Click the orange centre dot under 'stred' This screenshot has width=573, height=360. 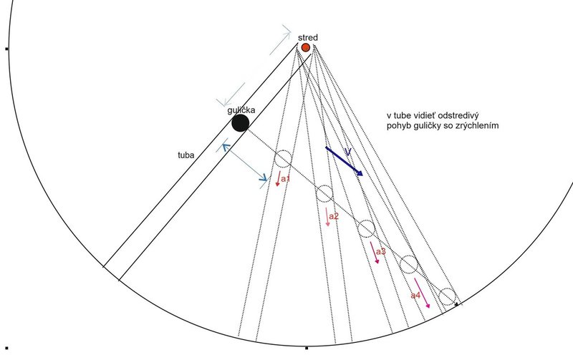[x=306, y=47]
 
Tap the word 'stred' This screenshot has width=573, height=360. [x=308, y=38]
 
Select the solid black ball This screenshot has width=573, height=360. [x=241, y=123]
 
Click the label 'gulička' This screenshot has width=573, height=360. [x=241, y=110]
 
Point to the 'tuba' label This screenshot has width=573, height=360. [x=186, y=155]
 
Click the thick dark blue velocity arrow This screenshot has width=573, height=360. [x=344, y=161]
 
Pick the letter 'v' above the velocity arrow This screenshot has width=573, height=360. [x=348, y=151]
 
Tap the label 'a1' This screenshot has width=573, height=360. [x=285, y=178]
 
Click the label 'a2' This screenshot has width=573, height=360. [x=334, y=216]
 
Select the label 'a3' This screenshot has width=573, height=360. [x=381, y=251]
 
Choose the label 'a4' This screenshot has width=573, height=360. [x=415, y=296]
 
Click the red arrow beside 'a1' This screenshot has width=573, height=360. [x=278, y=178]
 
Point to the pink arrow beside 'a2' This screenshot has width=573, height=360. [x=327, y=217]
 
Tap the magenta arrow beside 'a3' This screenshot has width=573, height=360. [x=375, y=253]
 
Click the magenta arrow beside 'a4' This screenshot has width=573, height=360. [x=422, y=293]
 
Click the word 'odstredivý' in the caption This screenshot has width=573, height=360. [x=458, y=116]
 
